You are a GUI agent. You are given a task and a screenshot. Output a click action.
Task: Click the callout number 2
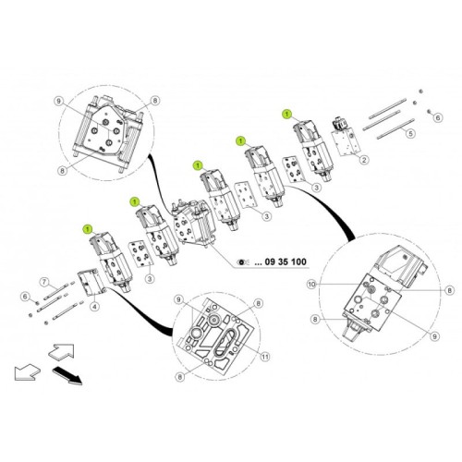365,160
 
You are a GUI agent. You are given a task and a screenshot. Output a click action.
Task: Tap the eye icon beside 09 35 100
243,262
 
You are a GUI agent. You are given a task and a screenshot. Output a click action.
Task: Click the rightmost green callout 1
286,112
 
